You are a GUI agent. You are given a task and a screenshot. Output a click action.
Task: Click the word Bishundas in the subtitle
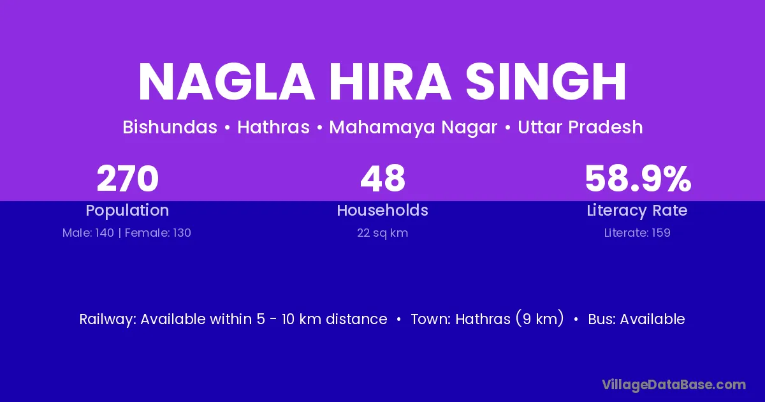[x=170, y=127]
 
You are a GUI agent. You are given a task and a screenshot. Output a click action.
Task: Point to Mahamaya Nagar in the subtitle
[x=413, y=128]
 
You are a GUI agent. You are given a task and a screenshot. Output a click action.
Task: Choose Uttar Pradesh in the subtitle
[x=580, y=127]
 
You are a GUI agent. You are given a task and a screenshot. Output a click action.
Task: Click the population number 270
[x=127, y=179]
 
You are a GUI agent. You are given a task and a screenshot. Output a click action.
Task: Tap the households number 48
[x=383, y=179]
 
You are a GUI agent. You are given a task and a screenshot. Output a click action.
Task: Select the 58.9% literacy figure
[x=638, y=179]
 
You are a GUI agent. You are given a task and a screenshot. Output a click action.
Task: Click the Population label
[x=127, y=211]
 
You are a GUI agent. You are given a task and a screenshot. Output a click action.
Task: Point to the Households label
[x=382, y=210]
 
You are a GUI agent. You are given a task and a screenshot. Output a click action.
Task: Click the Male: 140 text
[x=88, y=233]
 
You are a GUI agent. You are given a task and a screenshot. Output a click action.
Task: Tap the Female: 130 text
[x=158, y=233]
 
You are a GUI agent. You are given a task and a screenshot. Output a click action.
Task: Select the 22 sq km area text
[x=382, y=233]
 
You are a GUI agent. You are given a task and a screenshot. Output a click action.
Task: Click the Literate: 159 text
[x=637, y=233]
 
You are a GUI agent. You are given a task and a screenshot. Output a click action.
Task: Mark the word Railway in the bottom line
[x=108, y=320]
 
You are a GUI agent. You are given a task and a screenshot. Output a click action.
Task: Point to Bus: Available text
[x=637, y=319]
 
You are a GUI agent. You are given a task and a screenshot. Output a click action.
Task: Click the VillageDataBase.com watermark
[x=674, y=385]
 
